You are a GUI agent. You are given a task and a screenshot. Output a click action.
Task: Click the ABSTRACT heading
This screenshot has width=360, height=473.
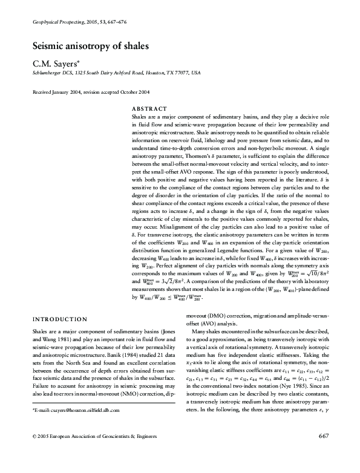point(148,107)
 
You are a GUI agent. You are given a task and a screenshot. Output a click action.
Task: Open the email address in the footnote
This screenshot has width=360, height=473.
point(80,427)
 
